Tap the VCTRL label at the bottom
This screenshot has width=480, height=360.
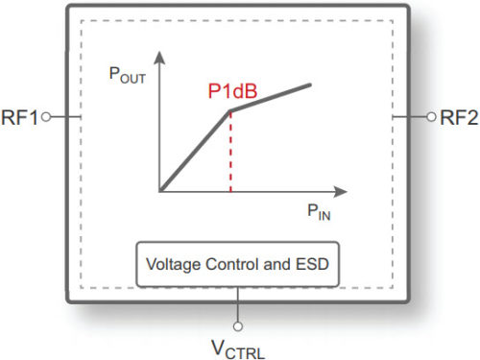pyautogui.click(x=238, y=343)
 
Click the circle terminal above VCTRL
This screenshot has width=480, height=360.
pyautogui.click(x=238, y=312)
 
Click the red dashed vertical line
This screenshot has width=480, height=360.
pyautogui.click(x=230, y=154)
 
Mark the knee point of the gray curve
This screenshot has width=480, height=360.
pyautogui.click(x=230, y=111)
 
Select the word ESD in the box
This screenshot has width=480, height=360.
pyautogui.click(x=317, y=261)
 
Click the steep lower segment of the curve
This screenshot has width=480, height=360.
pyautogui.click(x=196, y=152)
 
